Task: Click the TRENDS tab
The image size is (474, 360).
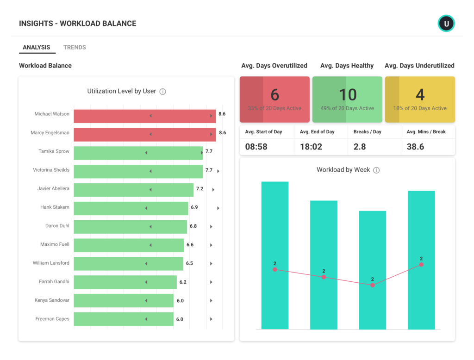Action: (75, 47)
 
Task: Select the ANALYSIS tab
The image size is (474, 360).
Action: (37, 47)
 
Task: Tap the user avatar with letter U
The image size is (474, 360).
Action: (446, 23)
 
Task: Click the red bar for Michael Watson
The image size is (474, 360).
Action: (144, 116)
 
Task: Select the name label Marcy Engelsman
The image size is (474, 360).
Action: (50, 133)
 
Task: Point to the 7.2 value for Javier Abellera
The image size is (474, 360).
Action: (200, 189)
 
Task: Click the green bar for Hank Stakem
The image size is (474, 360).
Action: (131, 208)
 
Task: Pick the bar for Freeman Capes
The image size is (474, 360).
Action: (124, 319)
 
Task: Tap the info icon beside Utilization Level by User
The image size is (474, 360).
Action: (162, 92)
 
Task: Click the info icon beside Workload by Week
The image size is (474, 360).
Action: (376, 170)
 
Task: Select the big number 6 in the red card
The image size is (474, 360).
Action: (275, 95)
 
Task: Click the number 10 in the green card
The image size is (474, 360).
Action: (348, 95)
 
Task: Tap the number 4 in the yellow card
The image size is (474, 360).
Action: (420, 95)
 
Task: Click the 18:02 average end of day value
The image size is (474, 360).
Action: (311, 147)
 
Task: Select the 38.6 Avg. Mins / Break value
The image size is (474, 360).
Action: (415, 147)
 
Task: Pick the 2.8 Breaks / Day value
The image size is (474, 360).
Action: (360, 147)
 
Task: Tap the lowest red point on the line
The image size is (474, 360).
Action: (373, 285)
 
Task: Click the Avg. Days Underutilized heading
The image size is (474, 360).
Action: (419, 66)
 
